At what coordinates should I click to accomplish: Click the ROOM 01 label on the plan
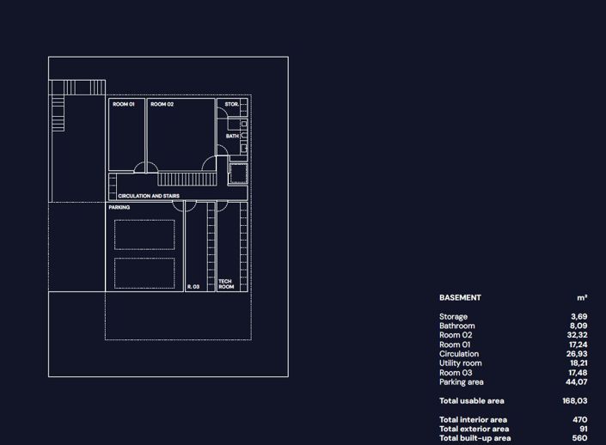pyautogui.click(x=124, y=105)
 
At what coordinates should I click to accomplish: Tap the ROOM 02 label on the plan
pyautogui.click(x=162, y=105)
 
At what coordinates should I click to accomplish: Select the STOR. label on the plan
pyautogui.click(x=231, y=105)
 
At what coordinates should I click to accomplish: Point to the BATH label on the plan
pyautogui.click(x=233, y=136)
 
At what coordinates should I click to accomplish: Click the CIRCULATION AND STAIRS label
pyautogui.click(x=149, y=197)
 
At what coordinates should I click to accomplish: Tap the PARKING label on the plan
pyautogui.click(x=119, y=208)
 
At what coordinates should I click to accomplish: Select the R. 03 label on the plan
pyautogui.click(x=193, y=287)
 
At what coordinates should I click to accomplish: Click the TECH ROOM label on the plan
pyautogui.click(x=225, y=284)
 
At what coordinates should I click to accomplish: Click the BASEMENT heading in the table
pyautogui.click(x=460, y=298)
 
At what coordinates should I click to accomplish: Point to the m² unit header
pyautogui.click(x=582, y=298)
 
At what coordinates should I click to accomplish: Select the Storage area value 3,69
pyautogui.click(x=579, y=317)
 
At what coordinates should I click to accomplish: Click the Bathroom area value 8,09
pyautogui.click(x=579, y=326)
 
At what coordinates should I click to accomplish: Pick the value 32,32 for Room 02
pyautogui.click(x=578, y=336)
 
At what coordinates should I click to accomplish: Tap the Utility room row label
pyautogui.click(x=461, y=363)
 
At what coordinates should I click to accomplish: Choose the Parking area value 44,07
pyautogui.click(x=578, y=382)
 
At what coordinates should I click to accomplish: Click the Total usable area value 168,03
pyautogui.click(x=575, y=401)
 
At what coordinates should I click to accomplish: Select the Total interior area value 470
pyautogui.click(x=580, y=420)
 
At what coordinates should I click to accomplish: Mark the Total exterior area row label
pyautogui.click(x=474, y=430)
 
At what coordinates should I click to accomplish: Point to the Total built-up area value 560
pyautogui.click(x=580, y=439)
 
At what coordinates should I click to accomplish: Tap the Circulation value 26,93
pyautogui.click(x=578, y=354)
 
